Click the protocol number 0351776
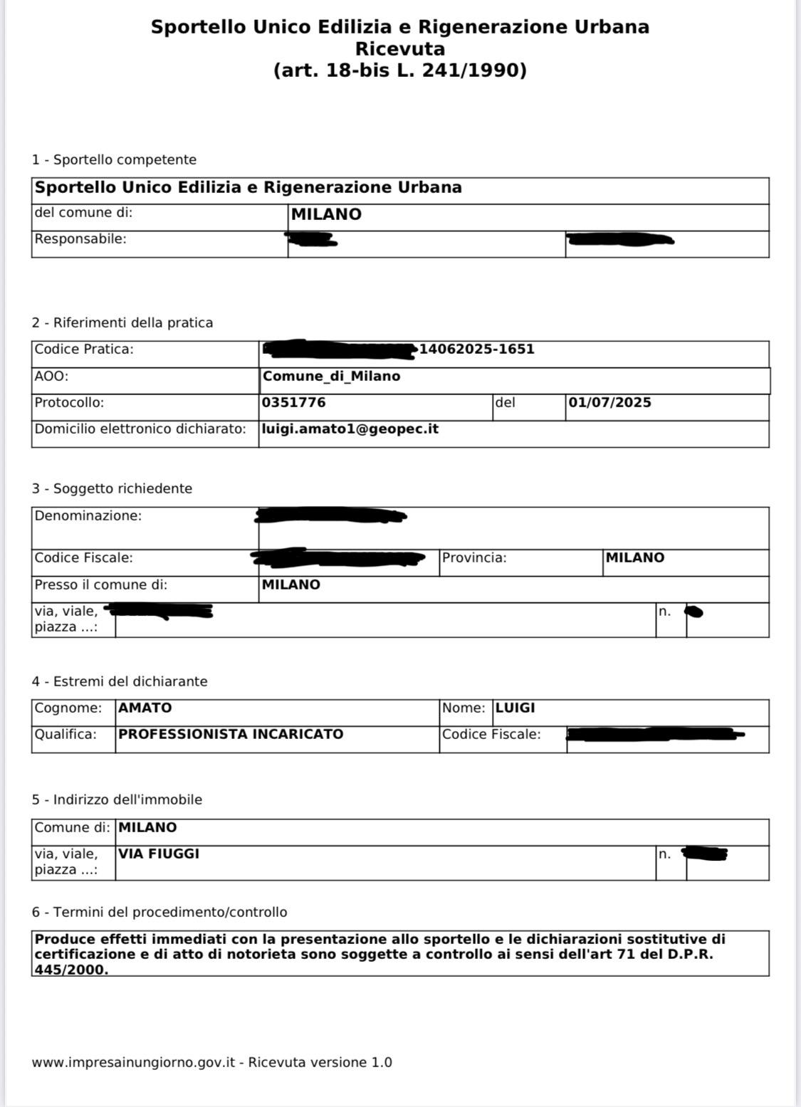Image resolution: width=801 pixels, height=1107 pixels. click(x=293, y=403)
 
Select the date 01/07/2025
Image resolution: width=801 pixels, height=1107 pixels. click(x=609, y=403)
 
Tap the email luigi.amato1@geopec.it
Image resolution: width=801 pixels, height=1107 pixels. click(x=350, y=429)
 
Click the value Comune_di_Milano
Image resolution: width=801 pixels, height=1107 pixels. click(x=331, y=377)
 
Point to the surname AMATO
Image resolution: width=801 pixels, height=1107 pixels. click(x=145, y=708)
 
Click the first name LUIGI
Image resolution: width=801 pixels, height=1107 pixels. click(x=515, y=708)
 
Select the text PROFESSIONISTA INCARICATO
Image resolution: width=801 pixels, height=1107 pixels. click(x=231, y=735)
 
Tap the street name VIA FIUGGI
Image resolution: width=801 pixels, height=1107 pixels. click(x=159, y=854)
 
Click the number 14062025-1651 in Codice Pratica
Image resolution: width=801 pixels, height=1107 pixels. click(x=476, y=350)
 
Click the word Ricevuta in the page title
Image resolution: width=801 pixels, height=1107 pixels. click(x=400, y=49)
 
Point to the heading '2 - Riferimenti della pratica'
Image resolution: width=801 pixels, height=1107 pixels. click(x=122, y=323)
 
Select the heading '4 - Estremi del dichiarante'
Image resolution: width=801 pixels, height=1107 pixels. click(x=120, y=682)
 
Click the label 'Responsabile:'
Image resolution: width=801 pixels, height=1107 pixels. click(x=80, y=239)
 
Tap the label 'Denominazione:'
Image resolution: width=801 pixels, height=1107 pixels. click(x=88, y=516)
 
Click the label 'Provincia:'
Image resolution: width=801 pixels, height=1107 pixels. click(x=474, y=558)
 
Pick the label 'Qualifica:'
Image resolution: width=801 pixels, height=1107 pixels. click(x=66, y=735)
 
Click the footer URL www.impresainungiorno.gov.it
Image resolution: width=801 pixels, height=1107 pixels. click(x=133, y=1063)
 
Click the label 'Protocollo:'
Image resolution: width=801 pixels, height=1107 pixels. click(x=69, y=403)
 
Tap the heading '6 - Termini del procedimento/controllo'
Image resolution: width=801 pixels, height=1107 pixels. click(x=159, y=913)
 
